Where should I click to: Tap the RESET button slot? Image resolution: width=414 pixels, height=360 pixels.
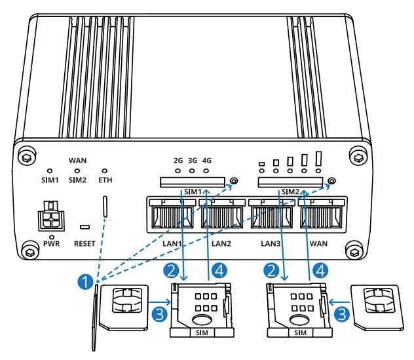(85, 228)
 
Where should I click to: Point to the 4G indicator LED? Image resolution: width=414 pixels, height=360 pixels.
(207, 172)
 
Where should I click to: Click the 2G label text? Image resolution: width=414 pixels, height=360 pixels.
(178, 160)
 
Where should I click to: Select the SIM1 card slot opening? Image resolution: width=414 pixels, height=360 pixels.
(192, 181)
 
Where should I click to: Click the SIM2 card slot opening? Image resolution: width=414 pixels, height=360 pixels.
(290, 181)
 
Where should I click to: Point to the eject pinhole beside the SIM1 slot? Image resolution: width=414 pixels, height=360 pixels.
(234, 180)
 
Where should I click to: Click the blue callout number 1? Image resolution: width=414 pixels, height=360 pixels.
(84, 282)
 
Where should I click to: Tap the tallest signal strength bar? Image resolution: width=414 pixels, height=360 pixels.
(319, 158)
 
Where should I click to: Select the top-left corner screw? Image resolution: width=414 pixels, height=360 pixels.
(25, 158)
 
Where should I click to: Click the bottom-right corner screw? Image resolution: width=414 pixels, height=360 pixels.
(354, 252)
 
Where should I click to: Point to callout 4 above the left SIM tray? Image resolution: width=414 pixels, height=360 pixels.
(220, 270)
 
